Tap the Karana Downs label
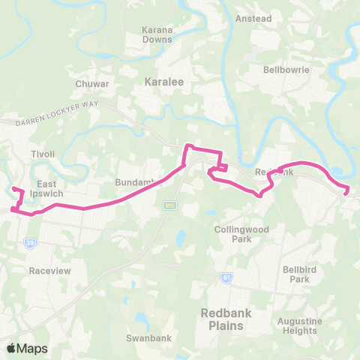157,34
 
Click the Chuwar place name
92,84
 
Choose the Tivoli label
43,154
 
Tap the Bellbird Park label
295,274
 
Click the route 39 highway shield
31,243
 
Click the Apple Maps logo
27,348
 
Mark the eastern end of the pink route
346,193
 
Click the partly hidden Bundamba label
133,182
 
